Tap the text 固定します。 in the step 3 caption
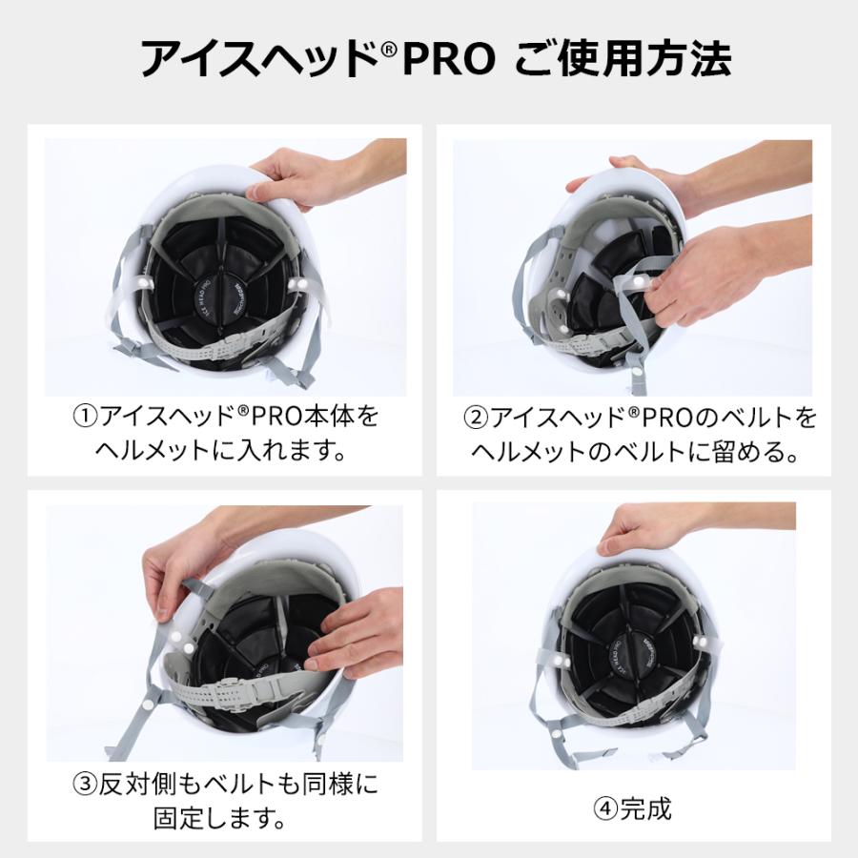[x=220, y=818]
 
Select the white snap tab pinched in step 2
[x=636, y=282]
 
